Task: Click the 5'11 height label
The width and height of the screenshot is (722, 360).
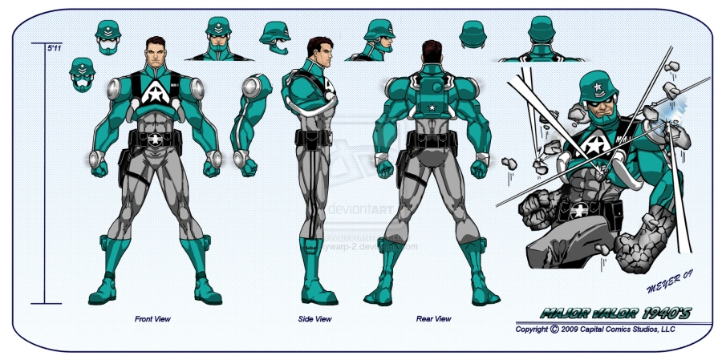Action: point(55,49)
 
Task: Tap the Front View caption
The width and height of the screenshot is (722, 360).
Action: point(152,319)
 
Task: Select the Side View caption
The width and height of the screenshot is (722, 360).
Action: point(314,319)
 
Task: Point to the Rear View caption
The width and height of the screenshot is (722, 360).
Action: point(433,319)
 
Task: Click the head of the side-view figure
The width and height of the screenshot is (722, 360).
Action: point(314,52)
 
